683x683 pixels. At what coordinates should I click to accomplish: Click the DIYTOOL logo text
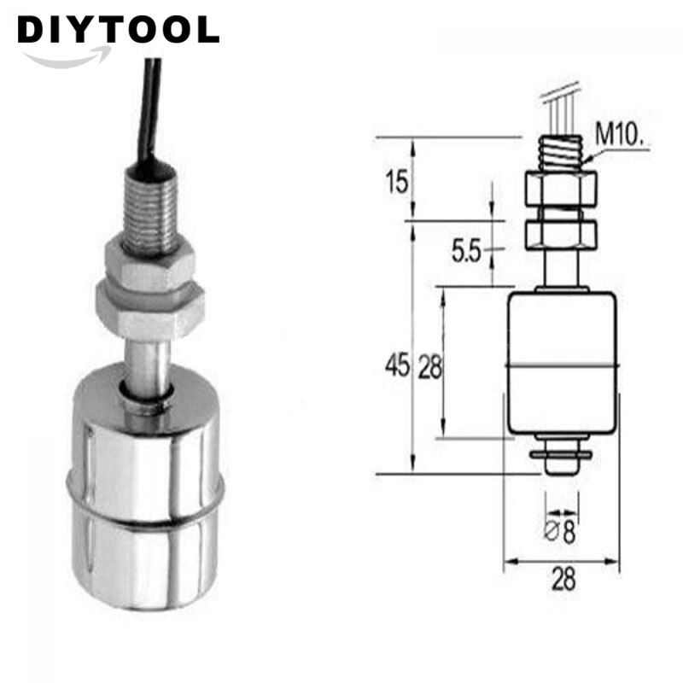118,30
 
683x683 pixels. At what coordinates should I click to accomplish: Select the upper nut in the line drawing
560,189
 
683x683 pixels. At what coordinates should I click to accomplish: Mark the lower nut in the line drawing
560,232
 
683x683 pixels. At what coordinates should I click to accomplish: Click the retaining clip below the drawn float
560,454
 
